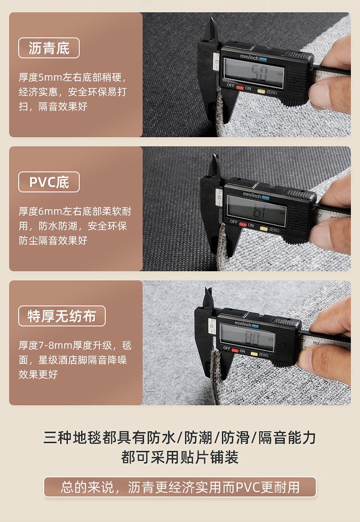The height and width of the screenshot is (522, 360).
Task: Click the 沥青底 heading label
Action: coord(49,48)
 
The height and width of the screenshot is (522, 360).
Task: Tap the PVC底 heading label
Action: coord(49,182)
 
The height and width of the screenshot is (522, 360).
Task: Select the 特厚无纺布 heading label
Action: coord(62,316)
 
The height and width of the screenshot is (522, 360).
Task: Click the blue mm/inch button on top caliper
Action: coord(263,60)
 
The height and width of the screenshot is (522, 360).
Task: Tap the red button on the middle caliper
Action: coord(243,224)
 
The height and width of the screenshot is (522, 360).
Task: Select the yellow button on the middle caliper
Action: coord(264,228)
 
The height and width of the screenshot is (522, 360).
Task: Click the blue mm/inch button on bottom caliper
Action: coord(255,325)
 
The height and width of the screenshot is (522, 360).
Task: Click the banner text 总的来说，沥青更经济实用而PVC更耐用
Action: coord(180,487)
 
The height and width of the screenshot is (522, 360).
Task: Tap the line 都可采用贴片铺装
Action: coord(180,457)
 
